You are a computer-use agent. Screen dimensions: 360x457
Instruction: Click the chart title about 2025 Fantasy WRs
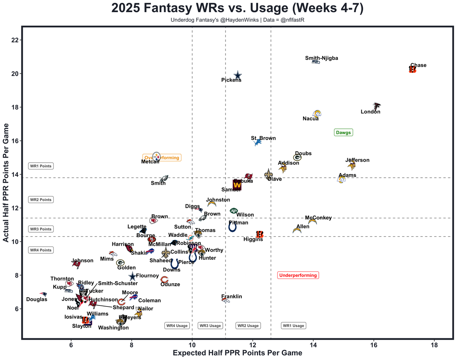pyautogui.click(x=237, y=9)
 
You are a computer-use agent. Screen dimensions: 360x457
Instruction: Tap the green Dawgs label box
pyautogui.click(x=343, y=132)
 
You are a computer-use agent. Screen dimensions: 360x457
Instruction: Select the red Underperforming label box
pyautogui.click(x=298, y=275)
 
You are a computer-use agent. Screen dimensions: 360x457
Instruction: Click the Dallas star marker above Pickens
pyautogui.click(x=238, y=75)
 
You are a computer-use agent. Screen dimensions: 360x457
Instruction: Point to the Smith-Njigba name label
pyautogui.click(x=321, y=58)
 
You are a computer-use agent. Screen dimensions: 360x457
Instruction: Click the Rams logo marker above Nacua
pyautogui.click(x=317, y=113)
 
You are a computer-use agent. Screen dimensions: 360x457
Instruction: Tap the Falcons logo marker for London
pyautogui.click(x=376, y=106)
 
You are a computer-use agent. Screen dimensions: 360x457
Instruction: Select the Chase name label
pyautogui.click(x=418, y=65)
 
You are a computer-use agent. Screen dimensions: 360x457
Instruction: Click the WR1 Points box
pyautogui.click(x=41, y=166)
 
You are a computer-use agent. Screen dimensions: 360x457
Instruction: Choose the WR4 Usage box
pyautogui.click(x=177, y=325)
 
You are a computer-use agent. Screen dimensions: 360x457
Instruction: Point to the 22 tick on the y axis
pyautogui.click(x=15, y=40)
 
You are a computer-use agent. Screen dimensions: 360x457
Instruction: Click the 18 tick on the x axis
pyautogui.click(x=434, y=345)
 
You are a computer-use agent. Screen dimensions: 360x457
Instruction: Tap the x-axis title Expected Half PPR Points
pyautogui.click(x=237, y=353)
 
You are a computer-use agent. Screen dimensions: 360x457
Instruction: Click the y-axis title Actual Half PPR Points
pyautogui.click(x=6, y=183)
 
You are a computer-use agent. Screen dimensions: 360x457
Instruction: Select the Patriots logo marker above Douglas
pyautogui.click(x=43, y=294)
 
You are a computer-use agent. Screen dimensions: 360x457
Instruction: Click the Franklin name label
pyautogui.click(x=232, y=296)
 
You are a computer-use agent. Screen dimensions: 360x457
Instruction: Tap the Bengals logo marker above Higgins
pyautogui.click(x=260, y=234)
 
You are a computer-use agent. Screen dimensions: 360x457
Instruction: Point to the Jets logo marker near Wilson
pyautogui.click(x=233, y=211)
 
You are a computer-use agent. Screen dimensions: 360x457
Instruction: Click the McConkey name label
pyautogui.click(x=318, y=218)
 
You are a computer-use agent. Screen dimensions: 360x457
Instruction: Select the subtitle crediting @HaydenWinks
pyautogui.click(x=237, y=20)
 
